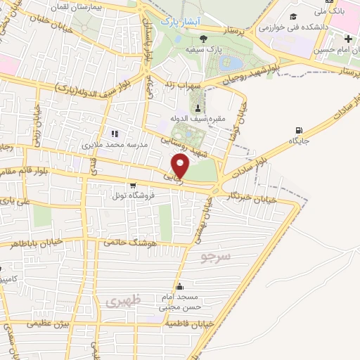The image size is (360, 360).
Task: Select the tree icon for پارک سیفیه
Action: pos(203,39)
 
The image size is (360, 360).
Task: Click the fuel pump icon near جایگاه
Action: pos(300,130)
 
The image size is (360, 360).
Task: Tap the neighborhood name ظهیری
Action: pos(123,300)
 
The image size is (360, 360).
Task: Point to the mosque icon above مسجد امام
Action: pos(181,287)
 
